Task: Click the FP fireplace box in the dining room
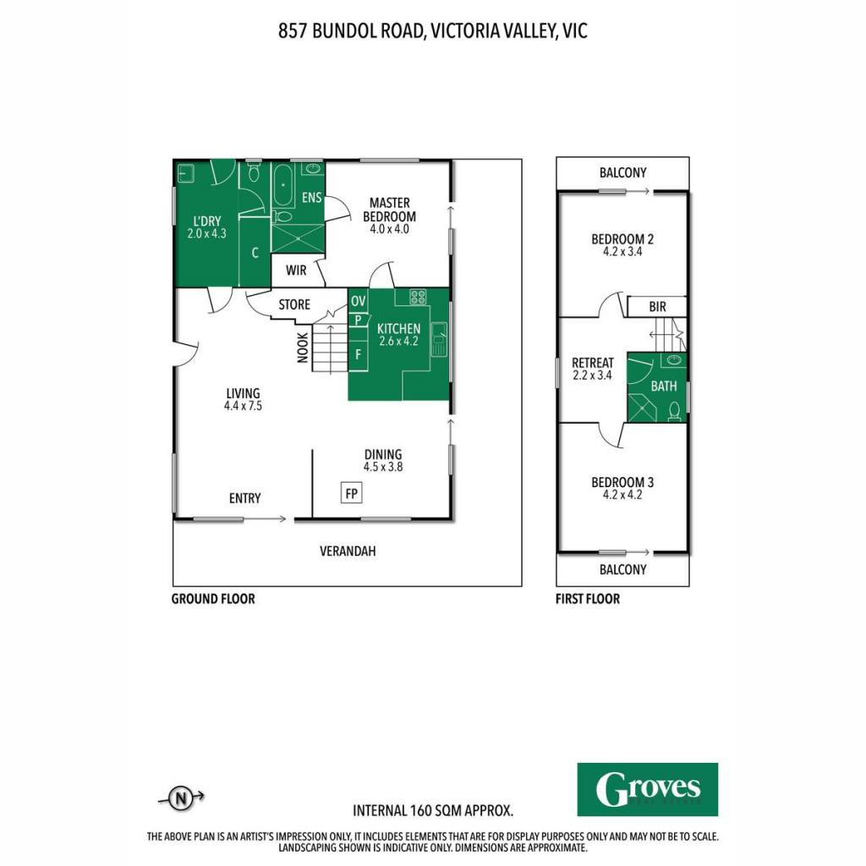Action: point(351,493)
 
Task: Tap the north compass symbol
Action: point(181,798)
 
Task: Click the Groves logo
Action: point(647,789)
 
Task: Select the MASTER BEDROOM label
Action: point(389,210)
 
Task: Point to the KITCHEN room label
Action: point(399,329)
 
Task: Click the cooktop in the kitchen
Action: point(418,297)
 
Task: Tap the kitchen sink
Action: point(439,339)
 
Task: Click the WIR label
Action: point(296,271)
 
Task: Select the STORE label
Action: point(294,304)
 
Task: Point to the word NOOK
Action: point(303,348)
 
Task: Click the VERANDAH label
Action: point(348,551)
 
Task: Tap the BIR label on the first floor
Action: point(657,307)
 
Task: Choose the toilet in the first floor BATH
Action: point(674,412)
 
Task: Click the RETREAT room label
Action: point(593,363)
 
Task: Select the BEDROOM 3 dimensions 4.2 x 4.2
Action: point(622,495)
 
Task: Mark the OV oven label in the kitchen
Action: point(359,301)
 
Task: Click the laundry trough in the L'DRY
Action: point(185,173)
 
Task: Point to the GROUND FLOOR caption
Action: point(213,600)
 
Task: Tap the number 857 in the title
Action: point(292,31)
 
